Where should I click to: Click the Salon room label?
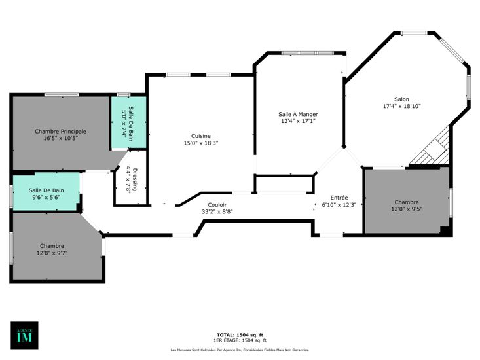401,99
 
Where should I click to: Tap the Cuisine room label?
201,136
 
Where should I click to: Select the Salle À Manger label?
298,114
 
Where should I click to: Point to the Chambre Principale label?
60,131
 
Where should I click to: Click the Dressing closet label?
135,179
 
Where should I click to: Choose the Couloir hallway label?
217,205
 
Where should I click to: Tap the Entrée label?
339,198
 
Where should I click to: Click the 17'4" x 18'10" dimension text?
401,107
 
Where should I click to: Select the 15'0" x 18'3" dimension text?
201,143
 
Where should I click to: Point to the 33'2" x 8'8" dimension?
217,211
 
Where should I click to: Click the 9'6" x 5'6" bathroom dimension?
46,197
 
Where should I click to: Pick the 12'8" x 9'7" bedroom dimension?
52,253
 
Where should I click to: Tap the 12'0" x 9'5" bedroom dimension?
407,209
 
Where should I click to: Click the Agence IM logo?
24,335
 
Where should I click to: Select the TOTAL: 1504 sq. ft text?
240,335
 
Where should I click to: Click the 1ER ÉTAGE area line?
240,340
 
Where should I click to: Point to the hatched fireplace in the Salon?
431,147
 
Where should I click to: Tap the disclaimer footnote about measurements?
240,350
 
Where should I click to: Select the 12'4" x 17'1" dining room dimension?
298,121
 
